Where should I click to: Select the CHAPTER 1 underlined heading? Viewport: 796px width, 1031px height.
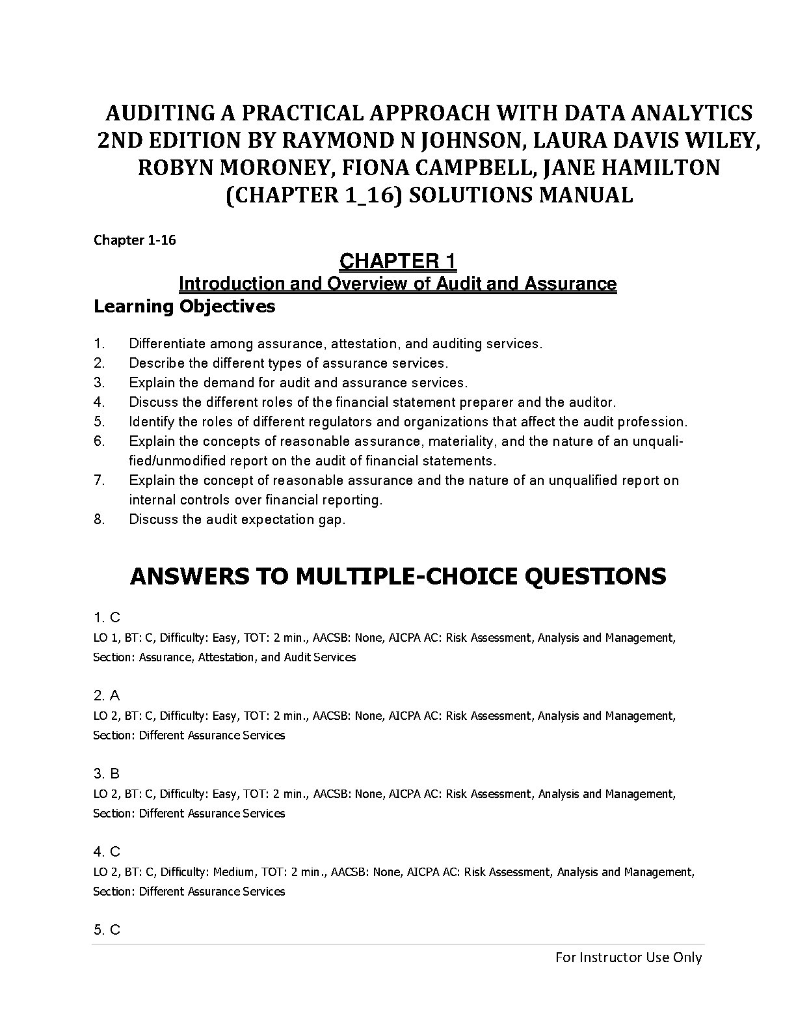398,262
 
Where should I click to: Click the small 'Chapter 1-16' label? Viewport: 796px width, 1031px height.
135,240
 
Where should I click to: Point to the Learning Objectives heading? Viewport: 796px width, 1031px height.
184,306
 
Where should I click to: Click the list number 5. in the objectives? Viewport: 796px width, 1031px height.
99,422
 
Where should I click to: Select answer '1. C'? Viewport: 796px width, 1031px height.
107,618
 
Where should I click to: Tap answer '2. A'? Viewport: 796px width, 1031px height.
107,696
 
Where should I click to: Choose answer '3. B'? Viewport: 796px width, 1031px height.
107,774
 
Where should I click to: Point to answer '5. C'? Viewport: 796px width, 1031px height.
107,930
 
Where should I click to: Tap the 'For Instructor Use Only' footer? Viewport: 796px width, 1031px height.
628,957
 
